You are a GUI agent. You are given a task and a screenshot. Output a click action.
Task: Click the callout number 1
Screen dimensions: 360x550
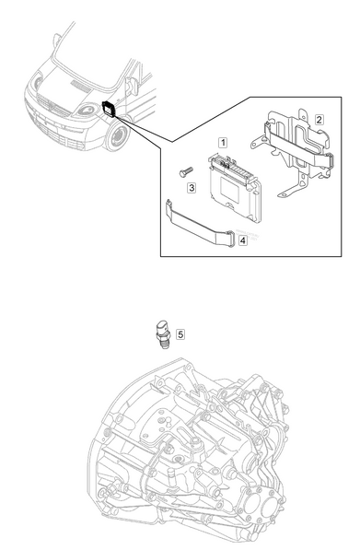click(x=223, y=143)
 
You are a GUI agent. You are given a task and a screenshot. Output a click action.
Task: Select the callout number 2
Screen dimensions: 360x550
click(x=319, y=120)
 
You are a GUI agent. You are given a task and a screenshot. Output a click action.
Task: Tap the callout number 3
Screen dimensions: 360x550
click(x=192, y=188)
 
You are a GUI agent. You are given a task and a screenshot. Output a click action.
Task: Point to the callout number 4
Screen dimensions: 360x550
click(x=242, y=240)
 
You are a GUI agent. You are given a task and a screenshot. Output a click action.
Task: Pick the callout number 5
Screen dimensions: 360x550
click(x=180, y=334)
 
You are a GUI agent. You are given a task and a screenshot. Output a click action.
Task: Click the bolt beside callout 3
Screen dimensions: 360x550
click(x=186, y=171)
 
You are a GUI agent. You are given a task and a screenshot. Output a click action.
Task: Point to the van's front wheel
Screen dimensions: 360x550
click(x=118, y=136)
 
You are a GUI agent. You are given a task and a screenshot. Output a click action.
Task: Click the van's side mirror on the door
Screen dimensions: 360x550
click(x=132, y=87)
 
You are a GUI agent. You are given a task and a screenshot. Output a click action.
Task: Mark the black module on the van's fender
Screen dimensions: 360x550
click(x=109, y=109)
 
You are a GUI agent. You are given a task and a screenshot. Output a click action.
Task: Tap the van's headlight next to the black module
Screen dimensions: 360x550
click(x=87, y=111)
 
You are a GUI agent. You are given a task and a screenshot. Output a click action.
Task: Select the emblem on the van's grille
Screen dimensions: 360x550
click(x=52, y=104)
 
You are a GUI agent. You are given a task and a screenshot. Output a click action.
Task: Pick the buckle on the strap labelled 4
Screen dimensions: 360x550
click(x=231, y=239)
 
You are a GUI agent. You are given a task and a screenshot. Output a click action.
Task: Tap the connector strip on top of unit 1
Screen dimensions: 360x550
click(x=232, y=168)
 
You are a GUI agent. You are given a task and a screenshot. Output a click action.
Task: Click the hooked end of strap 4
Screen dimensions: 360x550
click(x=169, y=205)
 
